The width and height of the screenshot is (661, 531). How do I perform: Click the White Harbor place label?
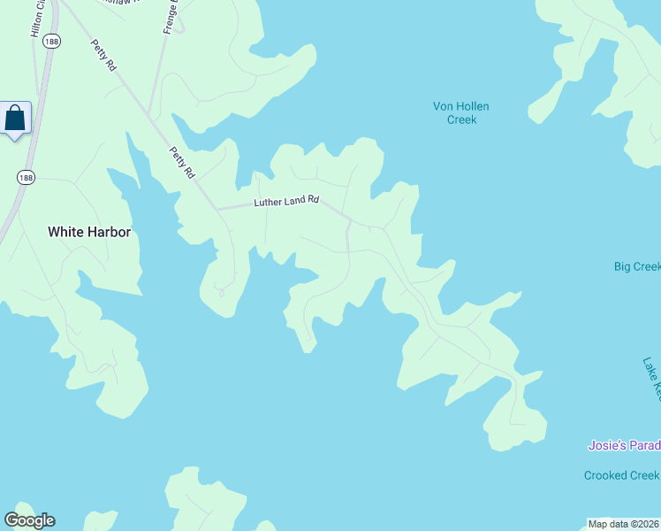tap(89, 232)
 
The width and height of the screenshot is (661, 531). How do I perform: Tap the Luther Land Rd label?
tap(286, 202)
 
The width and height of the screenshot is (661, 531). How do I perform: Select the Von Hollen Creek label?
tap(460, 112)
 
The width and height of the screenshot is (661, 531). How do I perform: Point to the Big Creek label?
tap(637, 266)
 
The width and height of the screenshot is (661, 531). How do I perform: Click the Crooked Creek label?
tap(621, 475)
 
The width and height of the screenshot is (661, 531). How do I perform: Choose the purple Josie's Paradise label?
tap(624, 445)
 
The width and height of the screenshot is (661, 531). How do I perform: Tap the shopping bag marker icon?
tap(16, 118)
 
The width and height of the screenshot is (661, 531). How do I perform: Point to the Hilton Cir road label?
tap(37, 19)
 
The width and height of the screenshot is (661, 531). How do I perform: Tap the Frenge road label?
tap(170, 17)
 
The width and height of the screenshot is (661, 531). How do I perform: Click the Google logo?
tap(29, 520)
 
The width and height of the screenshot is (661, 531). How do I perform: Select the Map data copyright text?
tap(624, 524)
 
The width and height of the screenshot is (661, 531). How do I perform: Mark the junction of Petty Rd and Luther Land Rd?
tap(218, 209)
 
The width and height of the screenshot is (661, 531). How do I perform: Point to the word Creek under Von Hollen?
tap(461, 119)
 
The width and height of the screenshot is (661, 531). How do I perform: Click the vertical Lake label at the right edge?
tap(652, 375)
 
